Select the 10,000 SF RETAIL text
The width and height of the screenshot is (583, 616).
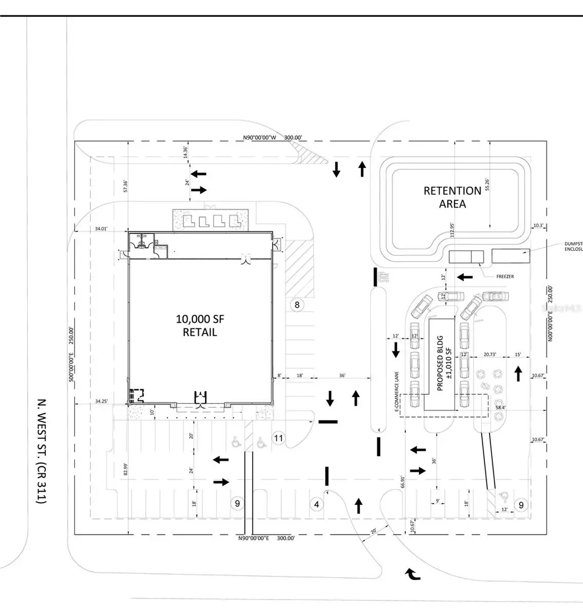pyautogui.click(x=200, y=325)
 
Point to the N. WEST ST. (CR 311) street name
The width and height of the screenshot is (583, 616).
pyautogui.click(x=42, y=451)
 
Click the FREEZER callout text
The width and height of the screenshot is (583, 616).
pyautogui.click(x=505, y=277)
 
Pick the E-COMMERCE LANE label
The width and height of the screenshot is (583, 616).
pyautogui.click(x=397, y=392)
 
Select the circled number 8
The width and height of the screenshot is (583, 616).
pyautogui.click(x=296, y=305)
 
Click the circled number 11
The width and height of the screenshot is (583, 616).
pyautogui.click(x=279, y=438)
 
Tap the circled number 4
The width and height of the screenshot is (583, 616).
pyautogui.click(x=317, y=505)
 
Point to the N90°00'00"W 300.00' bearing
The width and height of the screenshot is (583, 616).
pyautogui.click(x=273, y=138)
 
